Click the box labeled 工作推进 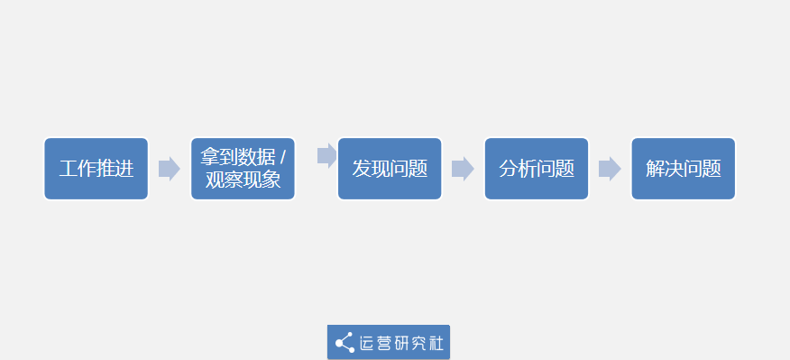[x=96, y=169]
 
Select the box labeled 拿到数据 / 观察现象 [x=243, y=169]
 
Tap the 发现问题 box [x=390, y=169]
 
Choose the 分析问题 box [x=537, y=169]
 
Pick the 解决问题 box [x=683, y=169]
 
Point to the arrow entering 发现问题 [x=327, y=155]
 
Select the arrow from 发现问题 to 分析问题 [x=463, y=169]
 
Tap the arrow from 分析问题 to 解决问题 [x=610, y=169]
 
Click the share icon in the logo [x=344, y=343]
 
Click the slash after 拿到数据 [x=282, y=157]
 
